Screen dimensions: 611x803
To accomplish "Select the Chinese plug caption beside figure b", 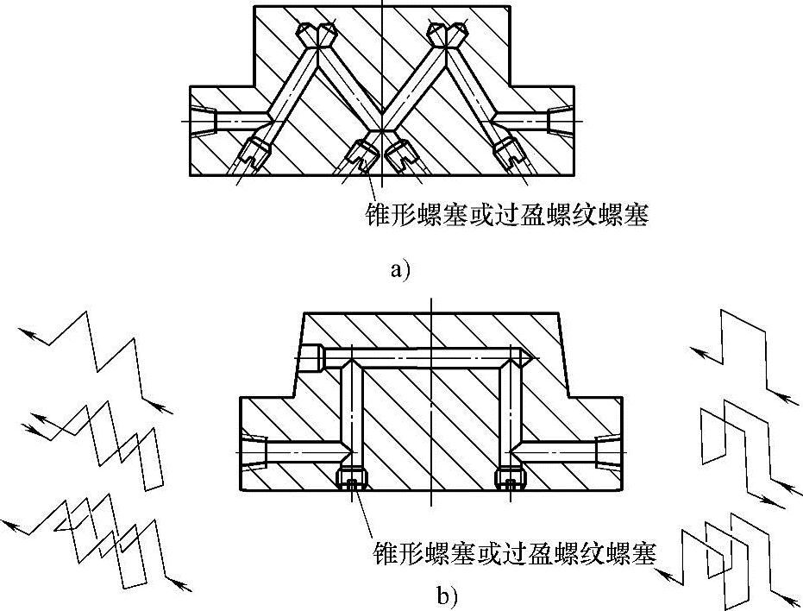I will (x=515, y=551).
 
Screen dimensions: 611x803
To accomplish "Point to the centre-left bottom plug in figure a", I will (x=361, y=154).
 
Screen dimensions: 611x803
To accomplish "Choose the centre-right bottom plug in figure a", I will (x=401, y=154).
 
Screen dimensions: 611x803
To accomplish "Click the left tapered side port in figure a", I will (x=204, y=121).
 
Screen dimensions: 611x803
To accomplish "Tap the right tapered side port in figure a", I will (x=560, y=121).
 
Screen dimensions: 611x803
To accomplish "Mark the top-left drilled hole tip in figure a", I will (x=316, y=35).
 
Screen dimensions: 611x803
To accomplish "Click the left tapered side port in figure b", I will (x=255, y=451).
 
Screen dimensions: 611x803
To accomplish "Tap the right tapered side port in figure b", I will (x=606, y=451).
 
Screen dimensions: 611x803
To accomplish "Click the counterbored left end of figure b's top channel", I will (x=314, y=356).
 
